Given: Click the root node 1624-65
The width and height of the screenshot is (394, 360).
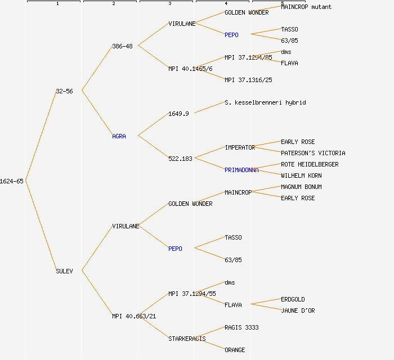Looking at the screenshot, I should tap(12, 181).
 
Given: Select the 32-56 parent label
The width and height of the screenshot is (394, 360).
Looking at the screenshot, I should tap(64, 91).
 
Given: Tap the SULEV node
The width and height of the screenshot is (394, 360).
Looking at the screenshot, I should tap(64, 271).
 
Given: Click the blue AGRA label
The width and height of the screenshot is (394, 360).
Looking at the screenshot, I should tap(119, 136).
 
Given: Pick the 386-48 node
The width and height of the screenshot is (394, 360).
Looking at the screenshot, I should tap(122, 46).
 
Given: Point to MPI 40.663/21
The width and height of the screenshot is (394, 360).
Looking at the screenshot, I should tap(134, 316).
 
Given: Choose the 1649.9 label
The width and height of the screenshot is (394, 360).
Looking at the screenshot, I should tap(178, 114).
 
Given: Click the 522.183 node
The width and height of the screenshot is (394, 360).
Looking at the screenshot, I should tap(180, 159).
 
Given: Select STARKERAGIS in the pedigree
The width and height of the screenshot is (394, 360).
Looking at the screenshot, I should tap(187, 339).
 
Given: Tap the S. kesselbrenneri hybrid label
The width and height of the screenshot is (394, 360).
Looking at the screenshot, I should tap(265, 102).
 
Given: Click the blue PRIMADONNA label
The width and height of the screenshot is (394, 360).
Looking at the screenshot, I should tap(241, 170).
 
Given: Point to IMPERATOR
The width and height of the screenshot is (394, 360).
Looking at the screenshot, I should tap(240, 147).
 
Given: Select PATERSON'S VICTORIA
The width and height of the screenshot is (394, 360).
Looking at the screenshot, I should tap(313, 153).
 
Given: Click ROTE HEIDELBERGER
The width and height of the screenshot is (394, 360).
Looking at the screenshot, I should tap(310, 164).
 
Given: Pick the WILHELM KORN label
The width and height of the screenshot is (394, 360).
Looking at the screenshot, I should tap(301, 175).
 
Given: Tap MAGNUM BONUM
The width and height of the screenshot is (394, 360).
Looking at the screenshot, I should tap(301, 187).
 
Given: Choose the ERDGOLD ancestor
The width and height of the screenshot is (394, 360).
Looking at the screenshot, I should tap(293, 299).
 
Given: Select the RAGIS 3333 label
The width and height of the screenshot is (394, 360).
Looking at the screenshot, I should tap(241, 327).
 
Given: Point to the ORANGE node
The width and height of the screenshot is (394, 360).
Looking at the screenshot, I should tap(235, 350).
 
